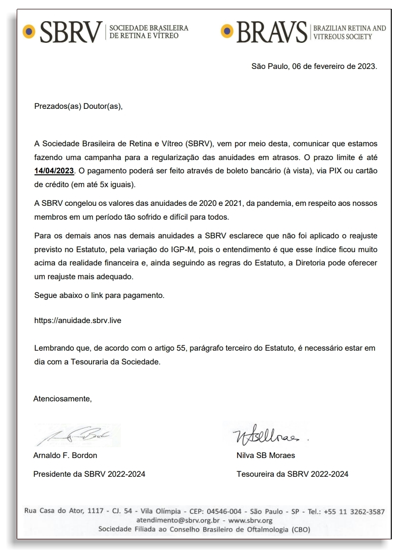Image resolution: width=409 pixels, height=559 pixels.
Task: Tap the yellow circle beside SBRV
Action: [29, 32]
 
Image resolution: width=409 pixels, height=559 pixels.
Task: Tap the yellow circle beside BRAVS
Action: [227, 32]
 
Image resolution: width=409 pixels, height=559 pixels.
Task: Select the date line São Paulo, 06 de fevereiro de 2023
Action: [314, 66]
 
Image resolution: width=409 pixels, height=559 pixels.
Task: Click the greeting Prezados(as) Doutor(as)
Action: [78, 106]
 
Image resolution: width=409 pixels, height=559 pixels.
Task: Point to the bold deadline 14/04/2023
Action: [54, 171]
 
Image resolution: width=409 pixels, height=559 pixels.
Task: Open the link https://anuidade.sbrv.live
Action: [78, 320]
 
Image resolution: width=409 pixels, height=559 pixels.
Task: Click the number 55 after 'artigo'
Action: [181, 348]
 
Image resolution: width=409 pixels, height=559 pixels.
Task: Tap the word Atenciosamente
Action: [63, 399]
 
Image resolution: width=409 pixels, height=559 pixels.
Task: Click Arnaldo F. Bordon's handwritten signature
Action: [76, 435]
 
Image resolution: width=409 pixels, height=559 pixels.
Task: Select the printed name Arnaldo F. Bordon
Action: [65, 455]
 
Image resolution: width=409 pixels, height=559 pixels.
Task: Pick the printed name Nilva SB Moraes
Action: [266, 455]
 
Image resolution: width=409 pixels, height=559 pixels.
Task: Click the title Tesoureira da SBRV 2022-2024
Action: [292, 474]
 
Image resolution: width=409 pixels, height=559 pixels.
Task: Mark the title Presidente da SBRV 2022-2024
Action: [89, 474]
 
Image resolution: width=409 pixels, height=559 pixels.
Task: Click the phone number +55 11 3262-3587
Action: [354, 511]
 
